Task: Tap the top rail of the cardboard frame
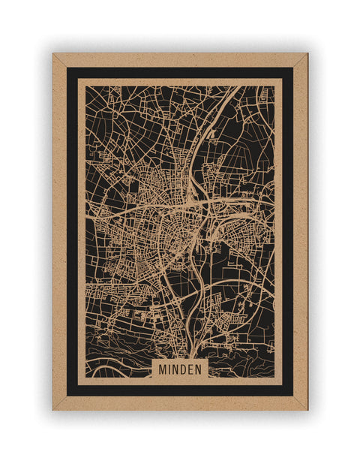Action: pyautogui.click(x=180, y=59)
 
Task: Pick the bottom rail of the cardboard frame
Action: pyautogui.click(x=180, y=403)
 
